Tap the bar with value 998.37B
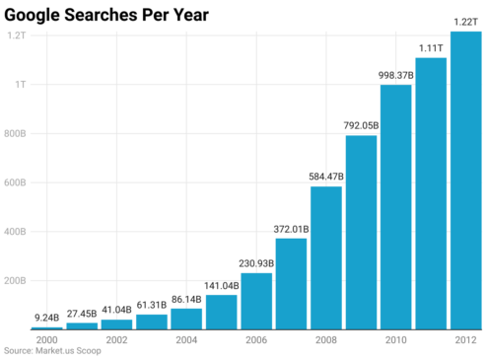[395, 206]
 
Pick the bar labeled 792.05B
[361, 232]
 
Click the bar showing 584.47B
[326, 257]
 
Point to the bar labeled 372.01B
[291, 283]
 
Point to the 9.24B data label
[47, 318]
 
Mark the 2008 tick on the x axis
[326, 339]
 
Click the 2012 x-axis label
[465, 339]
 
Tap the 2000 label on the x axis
[47, 339]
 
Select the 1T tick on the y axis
[20, 84]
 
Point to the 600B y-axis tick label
[16, 182]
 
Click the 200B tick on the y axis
[16, 281]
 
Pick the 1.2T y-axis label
[17, 35]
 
